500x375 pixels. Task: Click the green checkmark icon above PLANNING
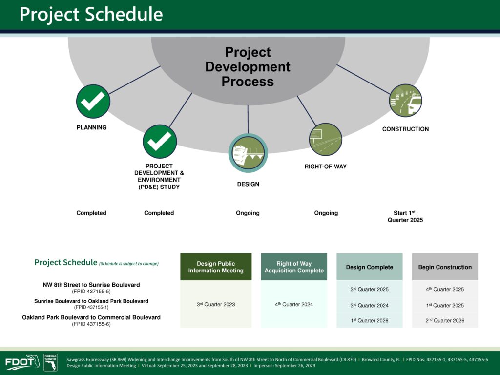tap(93, 102)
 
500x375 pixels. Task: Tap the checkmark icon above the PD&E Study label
tap(160, 141)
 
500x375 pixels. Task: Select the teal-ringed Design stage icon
tap(248, 153)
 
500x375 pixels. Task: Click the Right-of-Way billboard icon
tap(326, 140)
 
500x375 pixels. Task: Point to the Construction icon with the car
tap(406, 101)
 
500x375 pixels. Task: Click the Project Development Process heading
tap(248, 66)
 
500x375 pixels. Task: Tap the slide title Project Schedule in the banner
tap(91, 14)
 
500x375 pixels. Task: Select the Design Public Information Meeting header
tap(216, 267)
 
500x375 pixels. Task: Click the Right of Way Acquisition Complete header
tap(294, 267)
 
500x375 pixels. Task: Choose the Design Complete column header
tap(370, 267)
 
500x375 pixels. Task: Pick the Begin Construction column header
tap(445, 267)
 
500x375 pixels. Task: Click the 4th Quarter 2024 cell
tap(294, 304)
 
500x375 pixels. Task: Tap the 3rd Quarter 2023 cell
tap(216, 304)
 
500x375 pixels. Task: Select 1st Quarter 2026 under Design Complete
tap(370, 320)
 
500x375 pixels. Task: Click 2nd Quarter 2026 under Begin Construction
tap(445, 320)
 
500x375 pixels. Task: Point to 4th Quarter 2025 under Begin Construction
tap(445, 289)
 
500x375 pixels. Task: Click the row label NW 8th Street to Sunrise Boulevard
tap(91, 285)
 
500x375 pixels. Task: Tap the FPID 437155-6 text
tap(91, 324)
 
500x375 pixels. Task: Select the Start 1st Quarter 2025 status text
tap(405, 216)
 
